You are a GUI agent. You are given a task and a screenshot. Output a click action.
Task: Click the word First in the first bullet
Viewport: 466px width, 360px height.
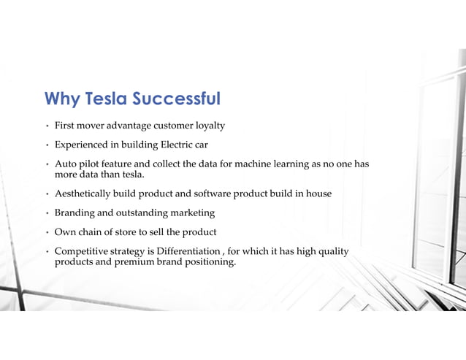(66, 126)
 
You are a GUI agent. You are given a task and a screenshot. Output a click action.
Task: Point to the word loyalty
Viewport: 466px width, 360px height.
(208, 126)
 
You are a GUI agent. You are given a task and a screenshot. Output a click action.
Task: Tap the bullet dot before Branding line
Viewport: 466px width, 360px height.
(46, 213)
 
